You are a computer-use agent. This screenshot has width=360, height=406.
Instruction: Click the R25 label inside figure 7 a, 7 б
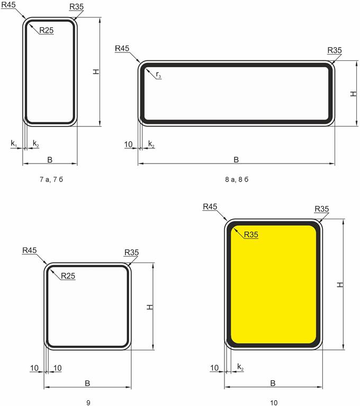coord(47,31)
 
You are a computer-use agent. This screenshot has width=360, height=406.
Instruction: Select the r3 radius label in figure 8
coord(158,75)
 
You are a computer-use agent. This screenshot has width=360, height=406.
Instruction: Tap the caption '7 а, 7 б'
coord(51,179)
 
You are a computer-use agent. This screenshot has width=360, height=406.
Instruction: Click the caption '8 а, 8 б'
coord(237,179)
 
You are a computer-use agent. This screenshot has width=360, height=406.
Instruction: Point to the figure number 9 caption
coord(88,403)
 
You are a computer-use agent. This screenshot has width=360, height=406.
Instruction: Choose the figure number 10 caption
coord(274,403)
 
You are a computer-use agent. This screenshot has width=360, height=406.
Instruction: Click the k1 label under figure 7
coord(14,143)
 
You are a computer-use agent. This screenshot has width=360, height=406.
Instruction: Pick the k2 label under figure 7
coord(36,143)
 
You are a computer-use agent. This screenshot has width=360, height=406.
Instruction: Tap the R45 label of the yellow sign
coord(210,206)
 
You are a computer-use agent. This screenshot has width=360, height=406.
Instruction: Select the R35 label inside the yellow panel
coord(251,234)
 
